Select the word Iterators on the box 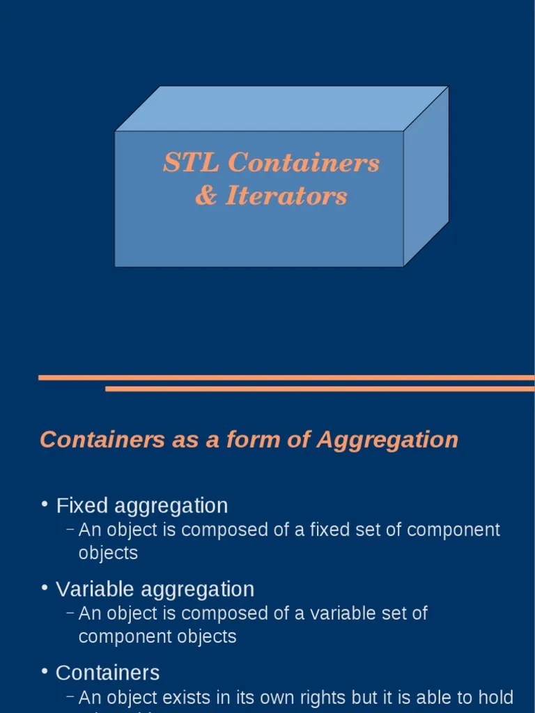coord(286,196)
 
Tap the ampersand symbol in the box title coord(206,196)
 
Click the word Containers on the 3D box coord(303,163)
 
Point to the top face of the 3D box coord(282,108)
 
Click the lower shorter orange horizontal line coord(320,389)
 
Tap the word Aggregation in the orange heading coord(387,440)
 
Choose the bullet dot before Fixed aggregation coord(45,503)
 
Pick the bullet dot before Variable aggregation coord(45,587)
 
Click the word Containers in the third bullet coord(107,673)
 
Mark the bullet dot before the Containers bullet coord(45,671)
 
